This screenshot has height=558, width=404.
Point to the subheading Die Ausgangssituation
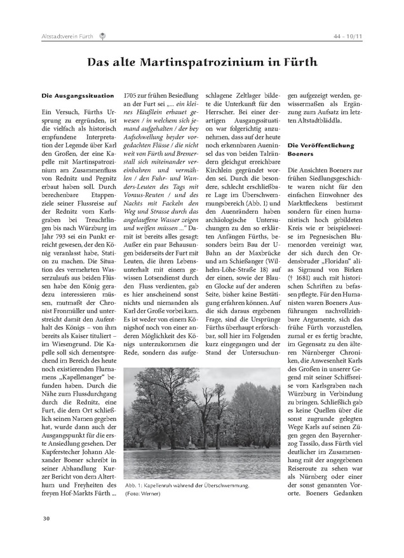pyautogui.click(x=77, y=96)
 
